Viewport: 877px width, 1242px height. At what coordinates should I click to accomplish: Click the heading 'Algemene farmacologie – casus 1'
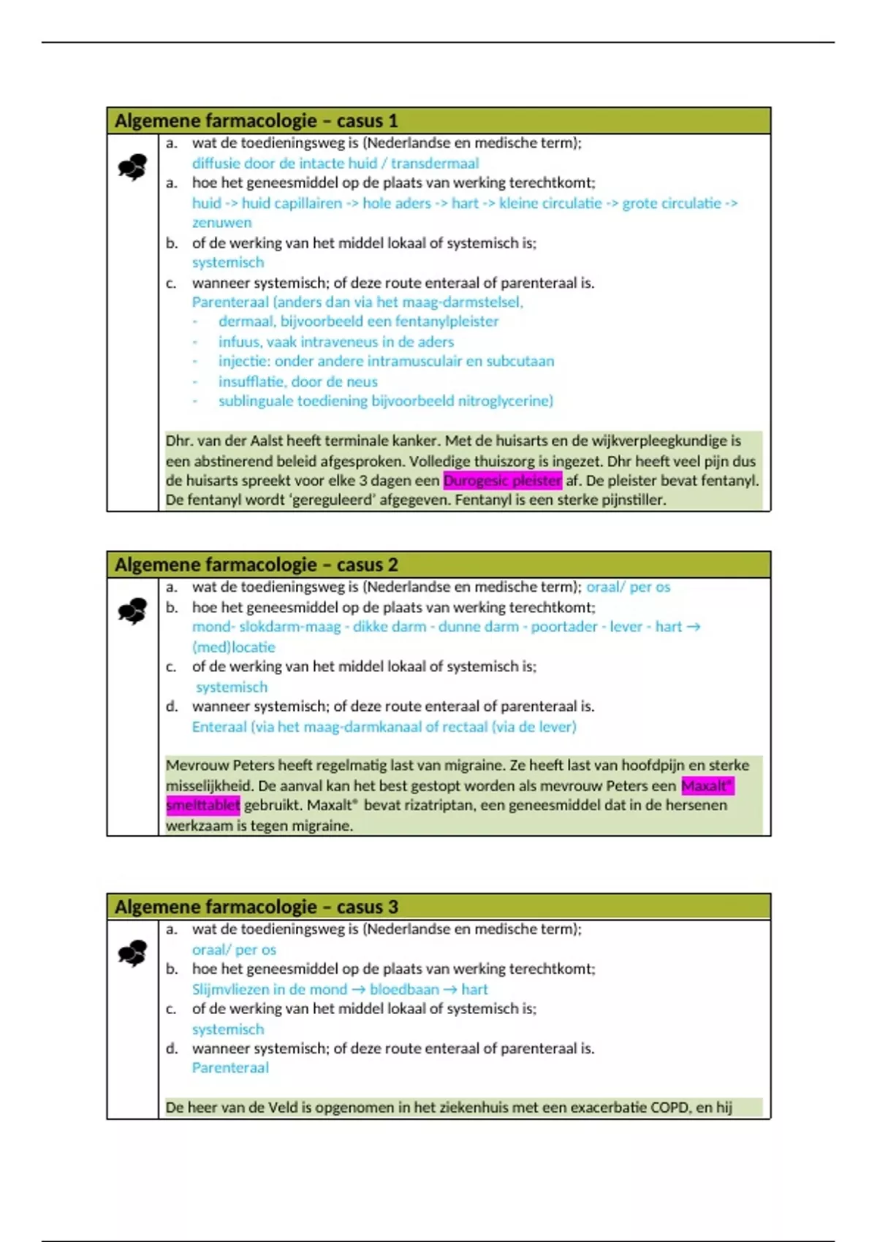pos(256,121)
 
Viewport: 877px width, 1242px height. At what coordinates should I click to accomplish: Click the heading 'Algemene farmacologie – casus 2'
pos(256,565)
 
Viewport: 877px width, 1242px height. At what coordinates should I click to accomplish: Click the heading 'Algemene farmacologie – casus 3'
pos(256,907)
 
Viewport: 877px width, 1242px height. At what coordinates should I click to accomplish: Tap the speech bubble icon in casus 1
pos(132,168)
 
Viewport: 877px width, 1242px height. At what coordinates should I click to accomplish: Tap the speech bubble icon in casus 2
pos(132,612)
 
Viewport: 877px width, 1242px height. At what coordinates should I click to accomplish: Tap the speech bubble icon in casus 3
pos(132,953)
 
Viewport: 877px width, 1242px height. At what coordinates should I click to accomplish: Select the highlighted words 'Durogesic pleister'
pos(502,481)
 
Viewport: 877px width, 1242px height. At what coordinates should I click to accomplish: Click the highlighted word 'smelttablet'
pos(202,805)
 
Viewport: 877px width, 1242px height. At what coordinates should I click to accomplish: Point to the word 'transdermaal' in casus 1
pos(435,164)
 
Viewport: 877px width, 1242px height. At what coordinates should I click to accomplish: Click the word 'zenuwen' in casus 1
pos(221,223)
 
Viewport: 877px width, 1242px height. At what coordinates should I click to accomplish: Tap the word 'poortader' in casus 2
pos(563,627)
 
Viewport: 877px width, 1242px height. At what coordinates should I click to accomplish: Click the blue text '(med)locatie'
pos(233,647)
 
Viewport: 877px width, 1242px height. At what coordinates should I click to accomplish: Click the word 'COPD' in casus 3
pos(669,1108)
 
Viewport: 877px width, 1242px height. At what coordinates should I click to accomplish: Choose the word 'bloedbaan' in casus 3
pos(404,989)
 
